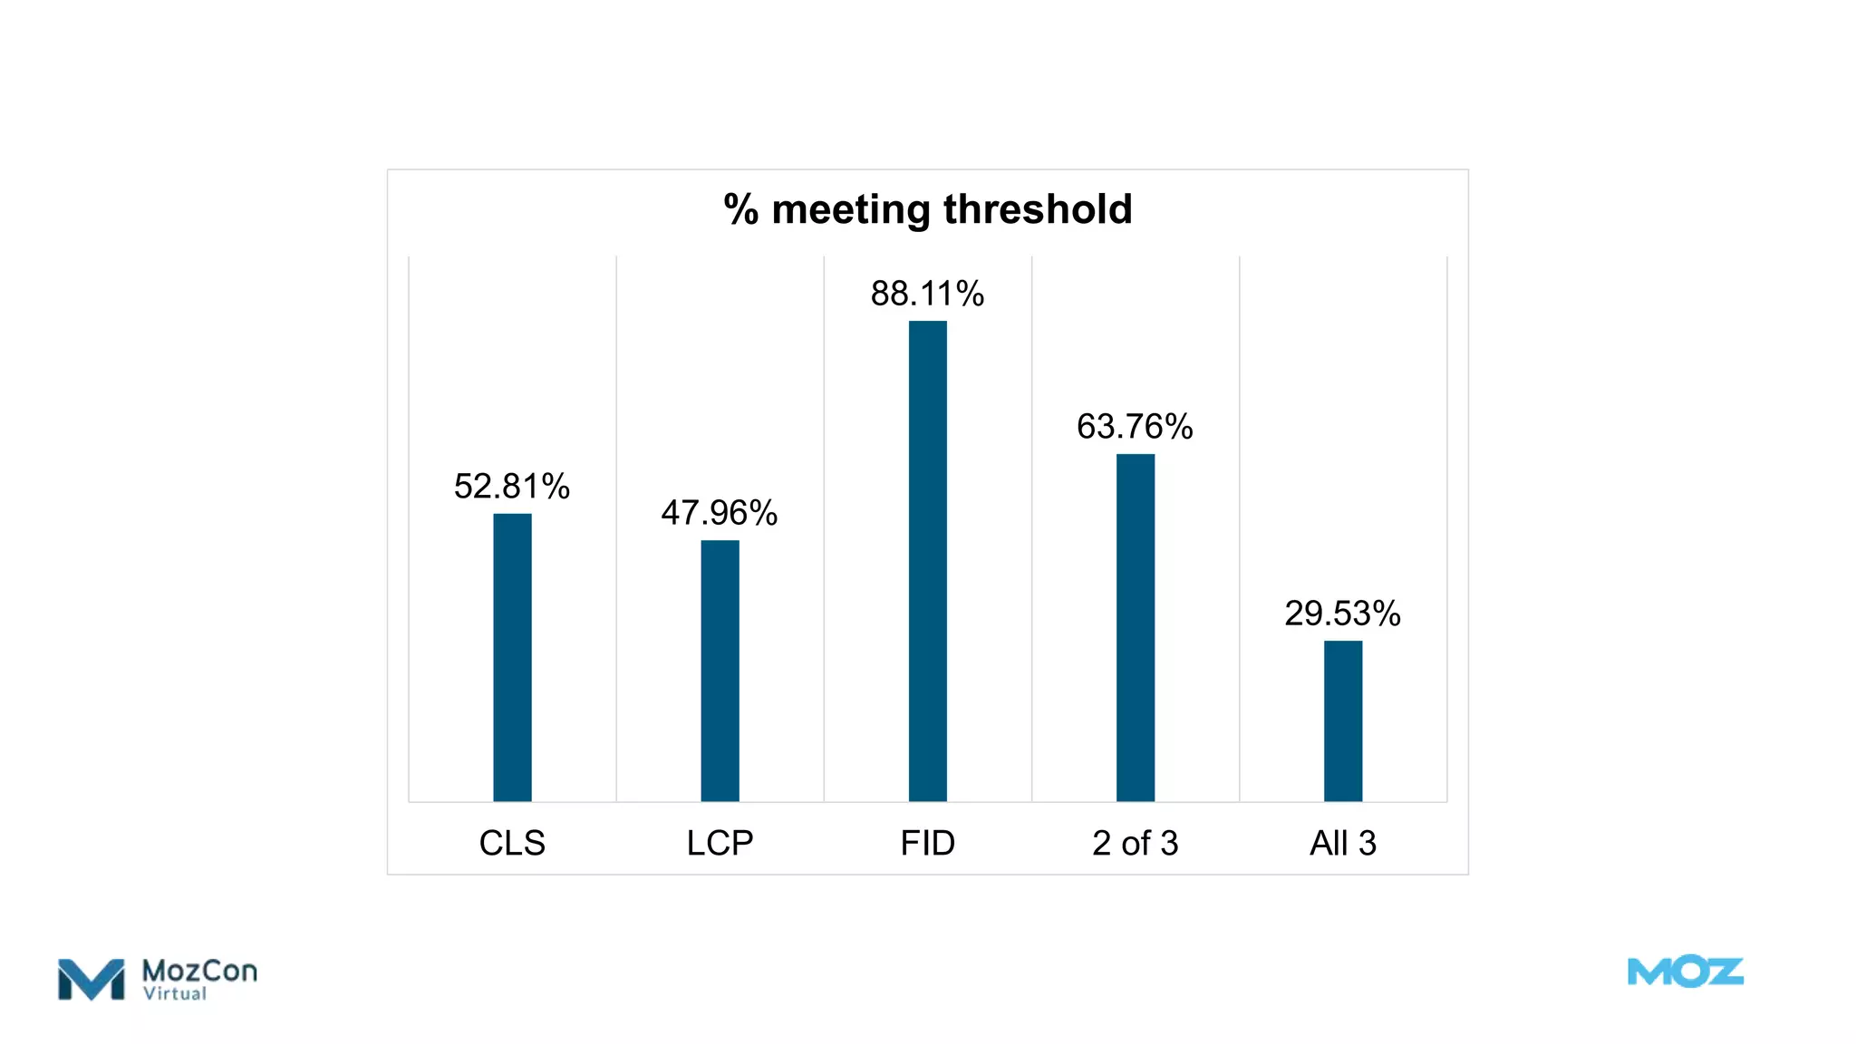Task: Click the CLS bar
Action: (x=512, y=657)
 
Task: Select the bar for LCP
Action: (x=720, y=671)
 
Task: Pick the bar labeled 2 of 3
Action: (x=1135, y=627)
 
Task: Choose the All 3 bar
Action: (x=1342, y=720)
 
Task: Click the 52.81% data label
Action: (x=511, y=487)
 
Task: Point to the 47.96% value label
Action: (x=719, y=513)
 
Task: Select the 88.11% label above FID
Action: (x=927, y=294)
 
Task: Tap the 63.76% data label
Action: (x=1135, y=427)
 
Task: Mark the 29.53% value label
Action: (x=1342, y=614)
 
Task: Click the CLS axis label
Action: (x=512, y=843)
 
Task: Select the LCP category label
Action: (x=720, y=843)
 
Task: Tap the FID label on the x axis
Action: (x=927, y=843)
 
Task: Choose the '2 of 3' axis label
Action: (x=1135, y=843)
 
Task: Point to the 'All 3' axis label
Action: (x=1342, y=843)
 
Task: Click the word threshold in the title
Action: (x=1038, y=209)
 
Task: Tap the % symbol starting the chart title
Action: (x=740, y=209)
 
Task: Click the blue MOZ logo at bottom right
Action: (x=1685, y=972)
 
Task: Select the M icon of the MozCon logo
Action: (x=91, y=980)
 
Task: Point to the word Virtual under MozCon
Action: (x=175, y=994)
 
